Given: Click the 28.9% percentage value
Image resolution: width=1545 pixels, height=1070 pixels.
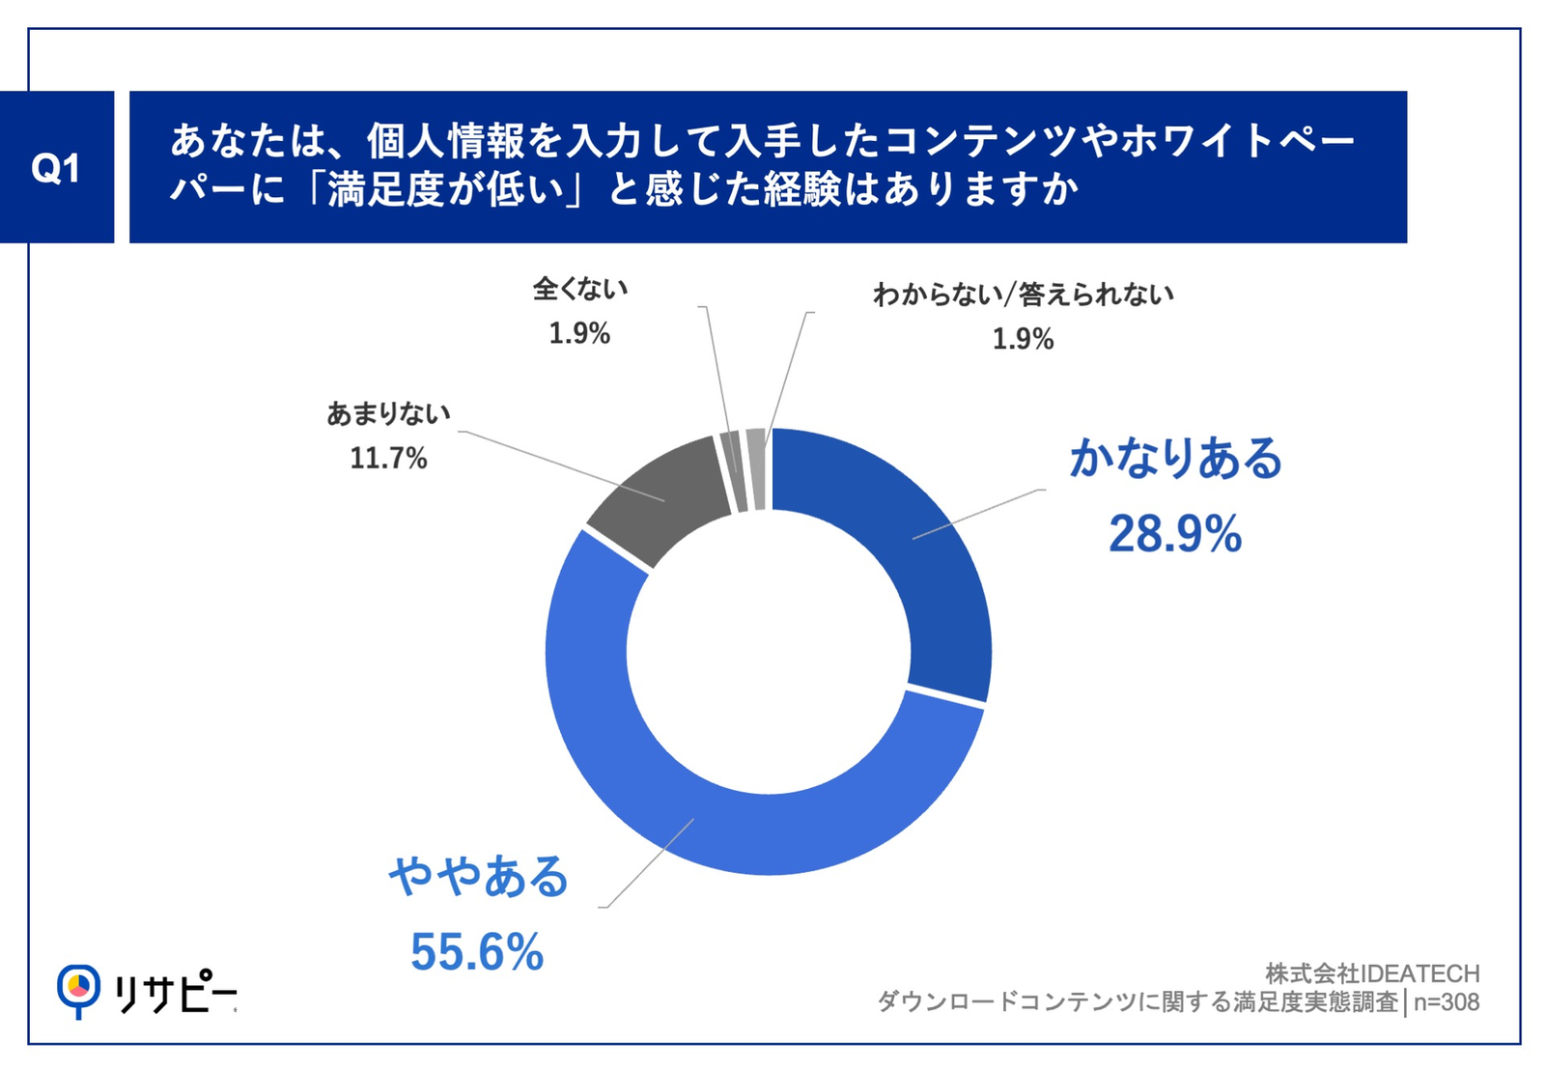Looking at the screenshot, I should point(1175,534).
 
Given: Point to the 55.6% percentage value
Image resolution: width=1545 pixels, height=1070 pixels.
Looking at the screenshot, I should point(477,952).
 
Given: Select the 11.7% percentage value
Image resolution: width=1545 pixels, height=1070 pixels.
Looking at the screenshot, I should point(388,458).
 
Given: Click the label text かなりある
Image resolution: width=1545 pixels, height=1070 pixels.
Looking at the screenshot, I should point(1175,458).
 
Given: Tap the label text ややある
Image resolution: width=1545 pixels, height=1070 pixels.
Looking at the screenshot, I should point(479,877).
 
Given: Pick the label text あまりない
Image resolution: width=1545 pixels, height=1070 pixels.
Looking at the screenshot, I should point(388,413).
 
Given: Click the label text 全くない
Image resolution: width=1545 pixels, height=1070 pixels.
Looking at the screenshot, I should point(579,288).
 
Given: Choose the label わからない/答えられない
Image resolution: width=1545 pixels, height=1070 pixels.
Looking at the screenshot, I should point(1024,294).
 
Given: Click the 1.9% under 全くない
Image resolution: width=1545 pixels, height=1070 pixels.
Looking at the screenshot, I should point(579,334).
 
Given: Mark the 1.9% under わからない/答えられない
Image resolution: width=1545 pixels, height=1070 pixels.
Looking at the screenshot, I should point(1024,339).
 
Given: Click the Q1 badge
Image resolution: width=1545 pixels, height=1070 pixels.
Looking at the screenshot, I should point(56,168).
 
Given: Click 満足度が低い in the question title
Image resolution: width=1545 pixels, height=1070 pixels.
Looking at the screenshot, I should point(445,190).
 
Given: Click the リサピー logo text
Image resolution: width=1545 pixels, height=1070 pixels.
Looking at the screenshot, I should point(175,992).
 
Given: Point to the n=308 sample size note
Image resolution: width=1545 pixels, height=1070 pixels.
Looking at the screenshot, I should point(1447,1002).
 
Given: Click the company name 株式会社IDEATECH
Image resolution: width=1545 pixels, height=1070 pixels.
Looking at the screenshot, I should point(1372,973).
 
